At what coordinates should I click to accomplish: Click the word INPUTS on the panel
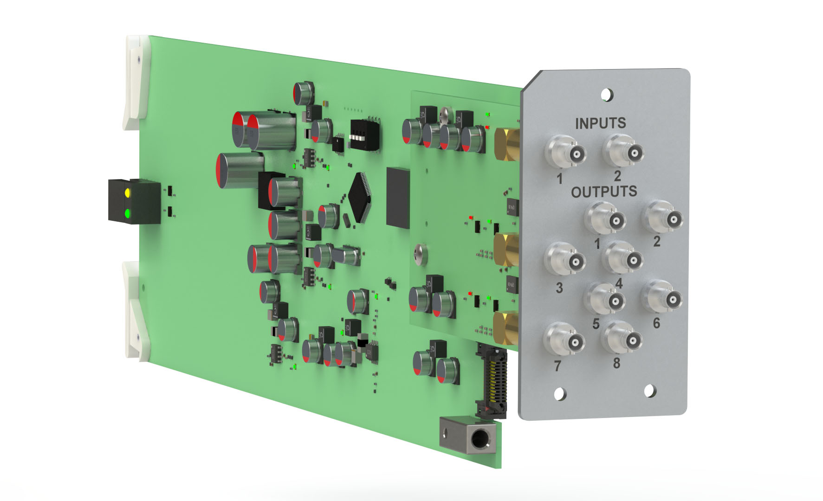click(x=600, y=123)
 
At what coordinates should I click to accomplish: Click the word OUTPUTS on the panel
click(x=604, y=191)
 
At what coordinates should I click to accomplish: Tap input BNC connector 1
click(x=565, y=151)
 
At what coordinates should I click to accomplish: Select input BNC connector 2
click(x=624, y=150)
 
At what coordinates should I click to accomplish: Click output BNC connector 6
click(x=662, y=297)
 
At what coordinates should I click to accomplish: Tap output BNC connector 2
click(x=664, y=217)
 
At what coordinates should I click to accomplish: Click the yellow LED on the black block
click(x=127, y=192)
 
